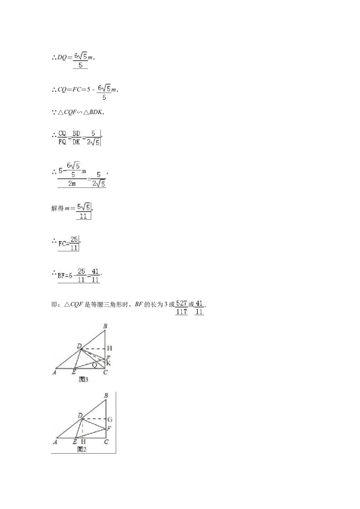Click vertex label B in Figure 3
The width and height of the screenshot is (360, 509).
click(x=105, y=326)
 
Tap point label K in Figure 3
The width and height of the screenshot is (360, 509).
click(x=108, y=363)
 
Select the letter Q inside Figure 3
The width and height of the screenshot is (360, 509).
click(x=94, y=365)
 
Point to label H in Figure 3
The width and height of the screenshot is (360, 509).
click(x=109, y=348)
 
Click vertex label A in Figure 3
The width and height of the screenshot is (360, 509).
click(x=54, y=372)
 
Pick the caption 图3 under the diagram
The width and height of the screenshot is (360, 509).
click(x=84, y=380)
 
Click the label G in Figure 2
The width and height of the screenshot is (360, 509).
click(x=110, y=420)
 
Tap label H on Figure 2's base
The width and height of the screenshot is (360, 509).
click(x=84, y=442)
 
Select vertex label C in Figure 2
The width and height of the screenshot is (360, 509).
click(x=106, y=442)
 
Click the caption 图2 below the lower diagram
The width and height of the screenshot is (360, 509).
click(x=82, y=449)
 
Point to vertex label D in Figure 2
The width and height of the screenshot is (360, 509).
click(x=80, y=415)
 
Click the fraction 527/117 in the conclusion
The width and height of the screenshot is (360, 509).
click(x=182, y=308)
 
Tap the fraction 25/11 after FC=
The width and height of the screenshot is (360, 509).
click(x=74, y=243)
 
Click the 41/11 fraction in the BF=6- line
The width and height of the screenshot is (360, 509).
click(x=95, y=275)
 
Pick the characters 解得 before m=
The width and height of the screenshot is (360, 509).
click(x=57, y=208)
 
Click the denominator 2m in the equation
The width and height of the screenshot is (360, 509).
click(x=72, y=184)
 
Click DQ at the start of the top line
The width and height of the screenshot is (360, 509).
click(x=62, y=58)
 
